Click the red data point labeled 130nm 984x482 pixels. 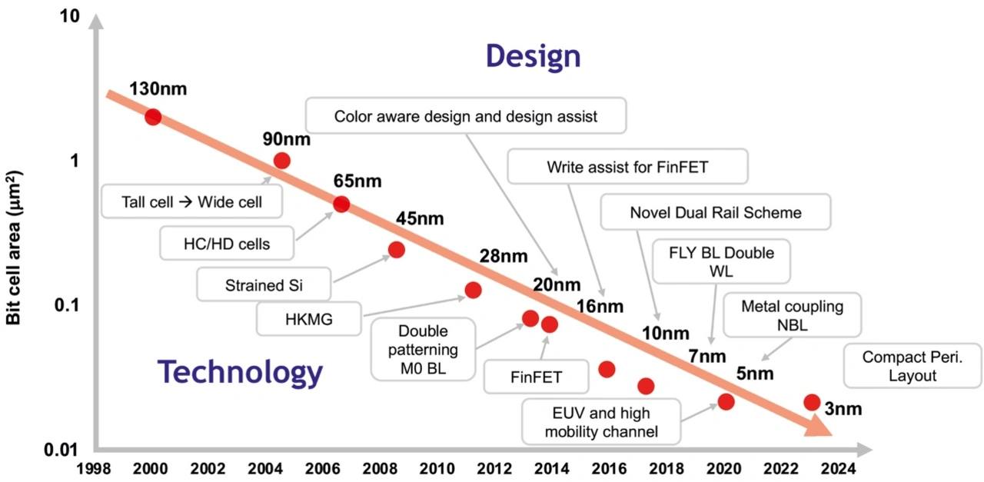(x=153, y=117)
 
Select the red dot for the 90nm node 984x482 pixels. (x=282, y=160)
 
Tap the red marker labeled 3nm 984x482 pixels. (x=812, y=402)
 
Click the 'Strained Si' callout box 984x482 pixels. (x=264, y=285)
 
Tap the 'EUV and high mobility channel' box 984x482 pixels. (x=600, y=422)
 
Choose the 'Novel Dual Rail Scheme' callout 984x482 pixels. (x=715, y=212)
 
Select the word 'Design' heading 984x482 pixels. (x=533, y=56)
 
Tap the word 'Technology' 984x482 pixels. (x=240, y=372)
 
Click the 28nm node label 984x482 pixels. (x=503, y=256)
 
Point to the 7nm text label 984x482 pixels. (x=706, y=356)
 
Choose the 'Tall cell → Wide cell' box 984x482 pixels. (x=191, y=202)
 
